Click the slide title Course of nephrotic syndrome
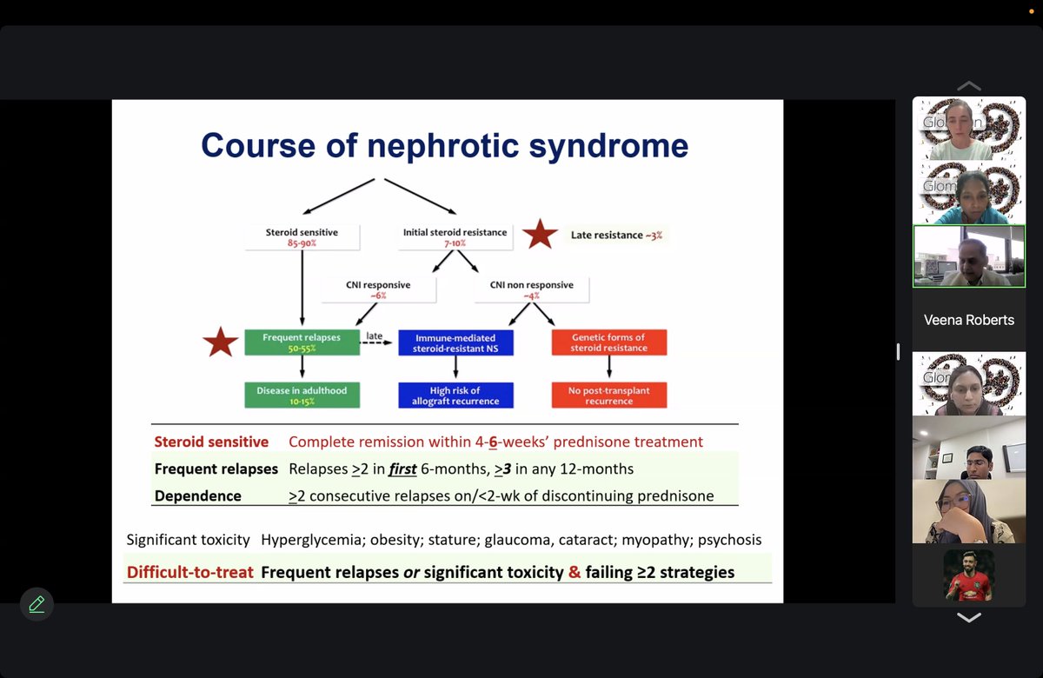(x=444, y=145)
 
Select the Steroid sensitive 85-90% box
(x=302, y=237)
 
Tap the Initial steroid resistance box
(x=455, y=237)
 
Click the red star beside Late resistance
(x=540, y=235)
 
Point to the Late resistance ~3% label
(x=615, y=235)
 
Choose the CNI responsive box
(x=377, y=289)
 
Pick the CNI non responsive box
(x=531, y=289)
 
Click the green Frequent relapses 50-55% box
(x=302, y=342)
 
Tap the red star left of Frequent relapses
(x=220, y=342)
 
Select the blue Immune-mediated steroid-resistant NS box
(x=455, y=342)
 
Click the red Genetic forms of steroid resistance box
(x=608, y=342)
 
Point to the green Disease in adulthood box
(x=302, y=395)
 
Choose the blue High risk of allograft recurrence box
(x=455, y=395)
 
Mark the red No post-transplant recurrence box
(x=608, y=395)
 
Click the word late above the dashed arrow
(x=375, y=336)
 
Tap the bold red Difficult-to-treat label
(x=189, y=572)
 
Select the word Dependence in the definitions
(x=197, y=495)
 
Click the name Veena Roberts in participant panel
(x=968, y=320)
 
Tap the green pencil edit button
(x=37, y=604)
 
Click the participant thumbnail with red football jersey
(x=968, y=575)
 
